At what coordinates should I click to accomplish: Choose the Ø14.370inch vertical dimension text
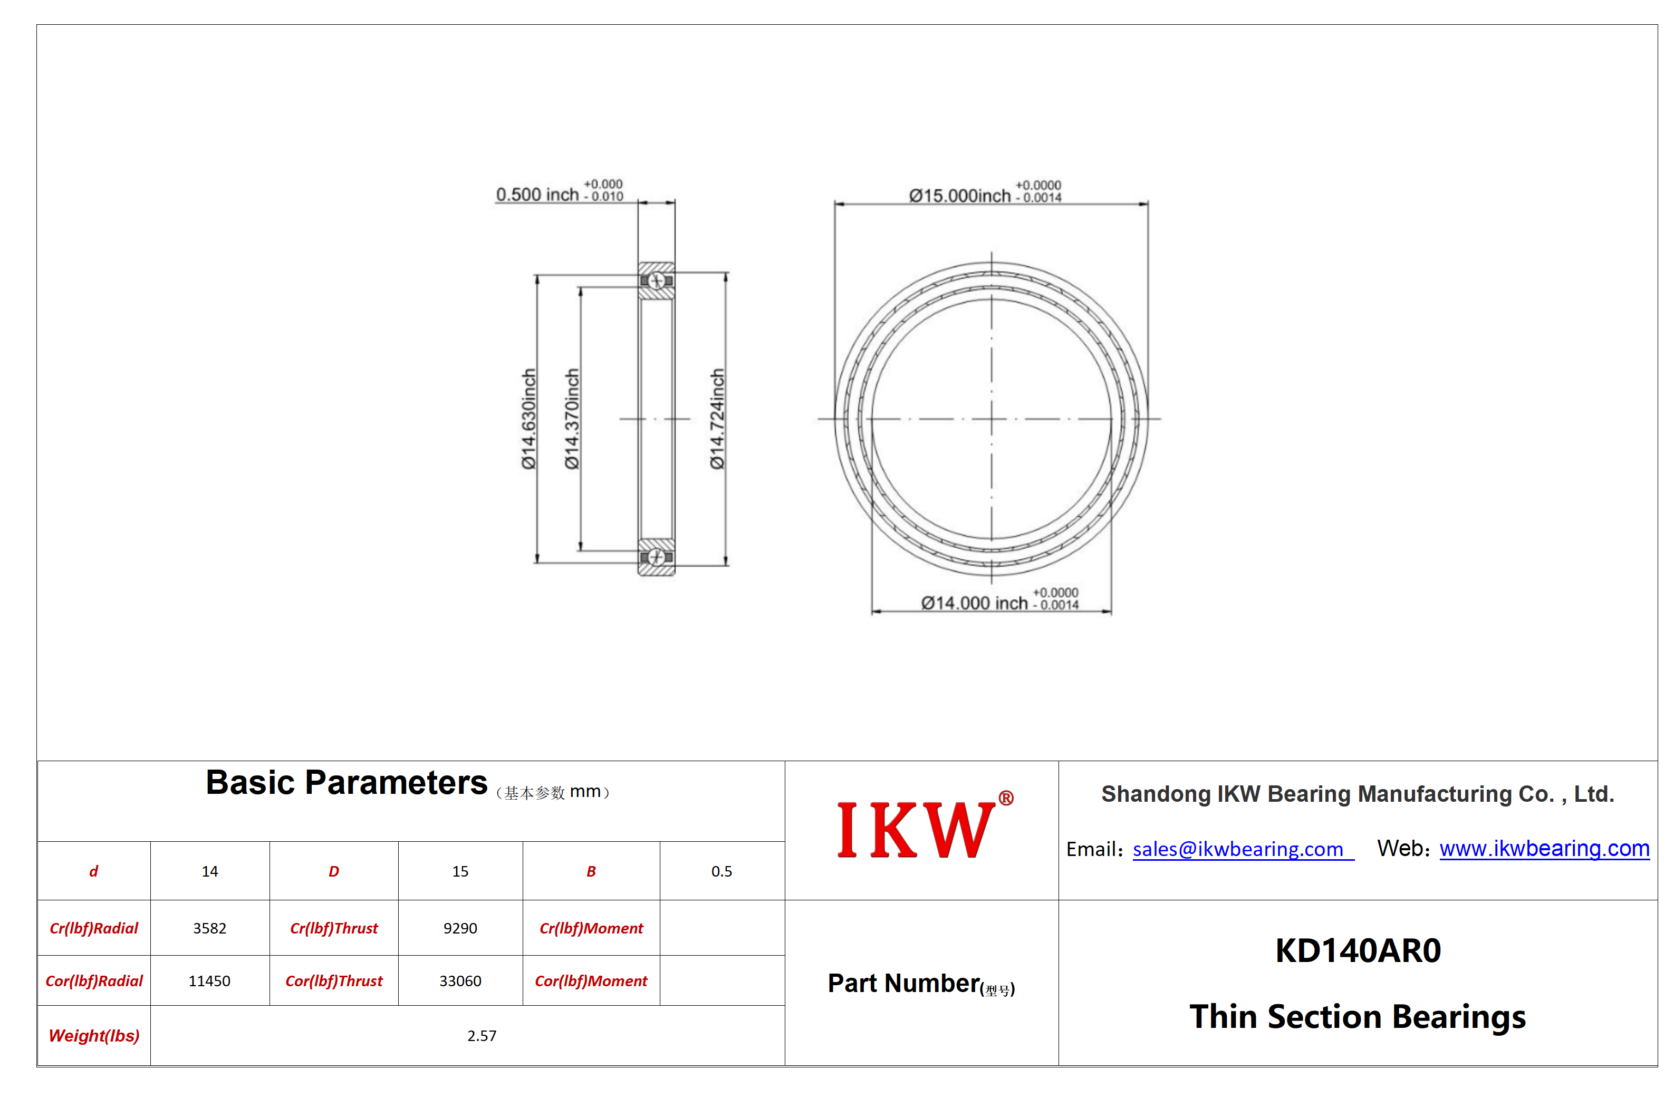(x=572, y=419)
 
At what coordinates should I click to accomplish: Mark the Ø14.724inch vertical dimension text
(x=717, y=419)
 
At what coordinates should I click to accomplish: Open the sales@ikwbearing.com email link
(x=1238, y=849)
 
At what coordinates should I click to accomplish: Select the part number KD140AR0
(x=1358, y=950)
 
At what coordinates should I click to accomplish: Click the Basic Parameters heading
(x=347, y=783)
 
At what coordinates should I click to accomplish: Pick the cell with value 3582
(x=210, y=928)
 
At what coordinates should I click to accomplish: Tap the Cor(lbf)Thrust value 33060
(x=460, y=981)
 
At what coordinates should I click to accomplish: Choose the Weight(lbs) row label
(x=94, y=1036)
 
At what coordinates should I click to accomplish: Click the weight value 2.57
(x=482, y=1036)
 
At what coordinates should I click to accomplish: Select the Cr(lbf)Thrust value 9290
(x=460, y=928)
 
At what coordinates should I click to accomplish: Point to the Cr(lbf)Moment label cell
(x=592, y=928)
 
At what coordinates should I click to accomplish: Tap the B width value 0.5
(x=722, y=871)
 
